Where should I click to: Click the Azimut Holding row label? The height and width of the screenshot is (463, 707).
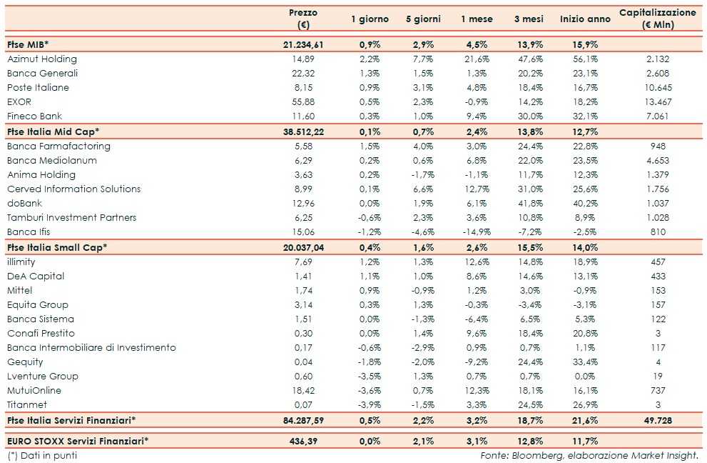tap(41, 59)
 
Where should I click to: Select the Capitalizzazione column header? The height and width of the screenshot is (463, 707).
tap(657, 19)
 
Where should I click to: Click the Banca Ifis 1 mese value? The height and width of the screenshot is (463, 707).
tap(476, 232)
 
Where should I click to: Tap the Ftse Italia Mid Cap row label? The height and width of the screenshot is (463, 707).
tap(53, 131)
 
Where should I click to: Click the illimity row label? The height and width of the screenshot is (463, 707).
tap(21, 262)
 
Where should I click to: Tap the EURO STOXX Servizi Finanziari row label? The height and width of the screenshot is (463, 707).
tap(78, 440)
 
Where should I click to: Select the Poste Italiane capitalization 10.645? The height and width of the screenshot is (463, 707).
tap(658, 88)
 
